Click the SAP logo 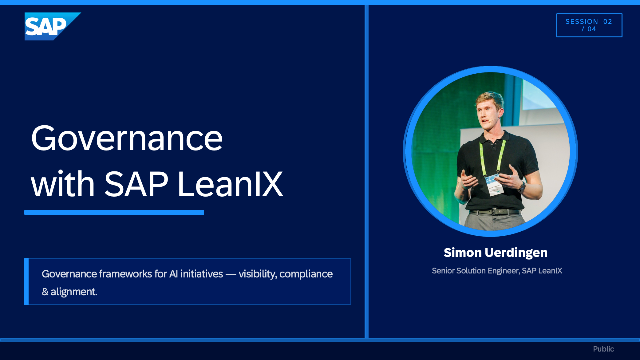click(x=52, y=26)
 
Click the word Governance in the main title click(x=127, y=138)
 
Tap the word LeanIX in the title click(x=230, y=184)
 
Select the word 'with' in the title click(x=63, y=184)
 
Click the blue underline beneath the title click(x=114, y=212)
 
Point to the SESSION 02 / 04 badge click(x=589, y=25)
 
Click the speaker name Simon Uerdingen click(x=496, y=253)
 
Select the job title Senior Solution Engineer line click(x=497, y=271)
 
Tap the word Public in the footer click(x=603, y=349)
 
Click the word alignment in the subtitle click(x=74, y=291)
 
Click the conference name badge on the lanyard click(x=494, y=184)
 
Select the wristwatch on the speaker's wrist click(x=522, y=187)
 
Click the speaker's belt click(x=495, y=211)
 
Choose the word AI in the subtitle click(x=173, y=273)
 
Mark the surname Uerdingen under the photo click(x=516, y=253)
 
